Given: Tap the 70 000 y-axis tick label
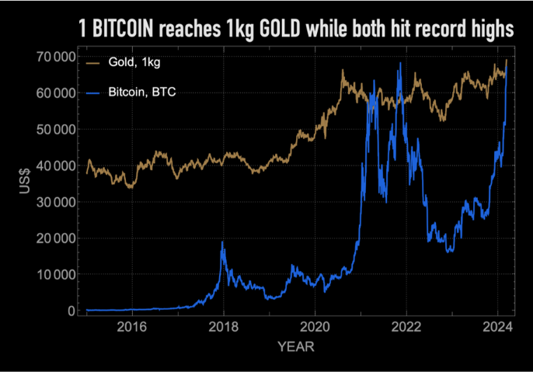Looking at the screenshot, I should tap(54, 57).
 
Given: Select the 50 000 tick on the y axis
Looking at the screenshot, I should tap(54, 130).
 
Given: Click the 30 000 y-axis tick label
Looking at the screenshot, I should tap(54, 202).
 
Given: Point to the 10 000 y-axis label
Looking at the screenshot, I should tap(54, 275).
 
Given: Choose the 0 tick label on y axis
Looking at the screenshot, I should tap(71, 311).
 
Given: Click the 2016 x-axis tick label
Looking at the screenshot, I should tap(133, 327).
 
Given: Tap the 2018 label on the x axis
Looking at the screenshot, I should tap(224, 327).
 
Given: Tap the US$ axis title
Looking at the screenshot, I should tap(24, 183).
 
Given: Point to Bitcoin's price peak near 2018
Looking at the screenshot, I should tap(222, 243).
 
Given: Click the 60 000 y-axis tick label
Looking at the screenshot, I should tap(54, 93).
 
